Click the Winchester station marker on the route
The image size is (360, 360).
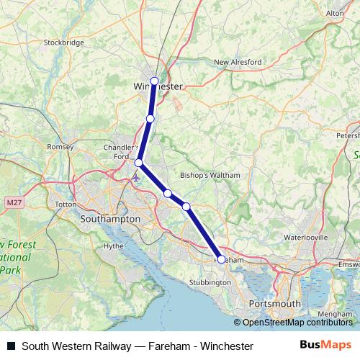click(x=154, y=81)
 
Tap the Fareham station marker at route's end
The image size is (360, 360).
click(x=221, y=258)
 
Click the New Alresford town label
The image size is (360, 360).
click(x=237, y=63)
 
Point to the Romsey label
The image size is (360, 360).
click(x=60, y=147)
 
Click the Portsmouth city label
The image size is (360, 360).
click(x=273, y=305)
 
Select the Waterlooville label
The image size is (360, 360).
click(x=305, y=237)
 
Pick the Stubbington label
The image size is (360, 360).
click(x=210, y=283)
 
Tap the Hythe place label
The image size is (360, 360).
click(x=114, y=246)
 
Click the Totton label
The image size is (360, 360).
click(x=66, y=204)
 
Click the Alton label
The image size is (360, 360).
click(x=335, y=13)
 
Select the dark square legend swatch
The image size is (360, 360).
click(x=11, y=346)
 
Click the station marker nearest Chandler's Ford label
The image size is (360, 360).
click(x=139, y=163)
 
